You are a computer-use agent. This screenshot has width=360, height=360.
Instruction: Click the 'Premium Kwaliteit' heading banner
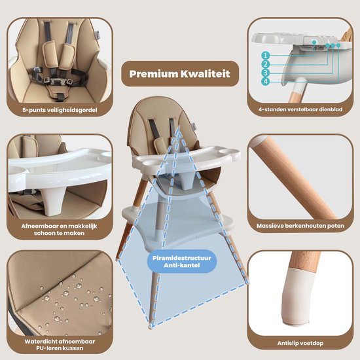point(180,74)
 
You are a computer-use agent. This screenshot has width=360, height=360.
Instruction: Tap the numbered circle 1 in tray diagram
point(266,56)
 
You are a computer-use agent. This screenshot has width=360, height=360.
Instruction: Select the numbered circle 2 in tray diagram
point(266,64)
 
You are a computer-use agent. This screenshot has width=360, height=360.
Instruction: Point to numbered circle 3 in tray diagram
point(266,73)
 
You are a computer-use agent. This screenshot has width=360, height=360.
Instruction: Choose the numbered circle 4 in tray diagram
point(266,82)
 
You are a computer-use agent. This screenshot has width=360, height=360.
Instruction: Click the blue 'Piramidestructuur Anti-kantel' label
point(182,261)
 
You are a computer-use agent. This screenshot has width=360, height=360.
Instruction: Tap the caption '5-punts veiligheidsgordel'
point(60,110)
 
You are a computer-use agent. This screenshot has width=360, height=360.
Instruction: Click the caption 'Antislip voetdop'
point(300,343)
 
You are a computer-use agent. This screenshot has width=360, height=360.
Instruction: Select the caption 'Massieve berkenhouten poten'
point(300,226)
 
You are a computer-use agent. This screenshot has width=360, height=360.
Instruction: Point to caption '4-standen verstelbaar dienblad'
point(300,109)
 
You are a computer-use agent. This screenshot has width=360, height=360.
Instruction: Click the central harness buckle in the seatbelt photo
point(56,82)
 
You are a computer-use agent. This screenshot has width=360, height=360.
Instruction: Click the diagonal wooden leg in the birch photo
point(294,177)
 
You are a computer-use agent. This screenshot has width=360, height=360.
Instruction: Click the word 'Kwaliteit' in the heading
point(206,74)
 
